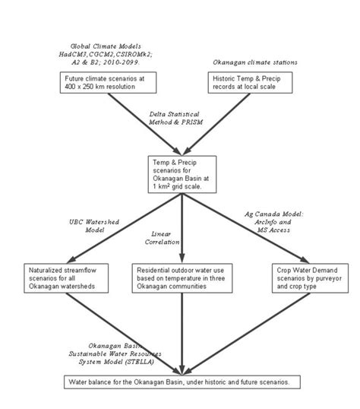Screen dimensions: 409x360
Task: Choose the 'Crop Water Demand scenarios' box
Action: [305, 279]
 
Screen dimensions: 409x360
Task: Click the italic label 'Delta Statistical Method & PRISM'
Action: [176, 119]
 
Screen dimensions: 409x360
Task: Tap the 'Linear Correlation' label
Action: [166, 238]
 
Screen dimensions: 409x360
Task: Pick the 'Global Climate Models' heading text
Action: [104, 46]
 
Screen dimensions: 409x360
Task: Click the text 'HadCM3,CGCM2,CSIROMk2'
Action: [104, 55]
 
